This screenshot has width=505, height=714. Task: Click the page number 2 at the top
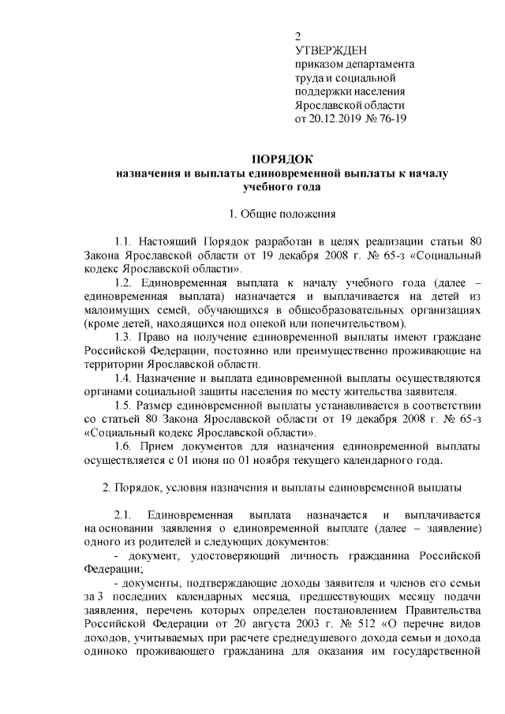(297, 36)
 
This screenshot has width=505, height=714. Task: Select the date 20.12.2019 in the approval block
(338, 120)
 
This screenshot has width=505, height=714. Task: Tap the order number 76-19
(395, 120)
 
